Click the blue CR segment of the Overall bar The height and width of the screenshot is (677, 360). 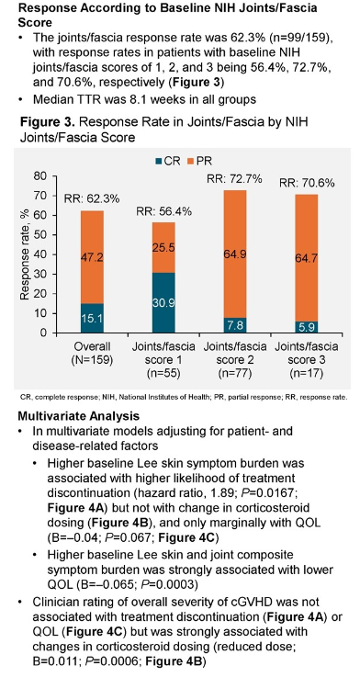pos(92,318)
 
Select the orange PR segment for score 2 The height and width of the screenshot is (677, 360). pos(235,254)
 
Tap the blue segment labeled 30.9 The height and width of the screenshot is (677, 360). pos(163,302)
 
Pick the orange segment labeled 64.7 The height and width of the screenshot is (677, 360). pos(306,258)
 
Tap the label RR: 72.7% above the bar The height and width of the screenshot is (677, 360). pos(234,179)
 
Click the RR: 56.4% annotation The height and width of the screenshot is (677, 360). pos(163,211)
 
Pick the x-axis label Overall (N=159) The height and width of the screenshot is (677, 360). pos(92,354)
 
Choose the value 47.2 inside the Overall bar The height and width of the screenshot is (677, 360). pos(92,257)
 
